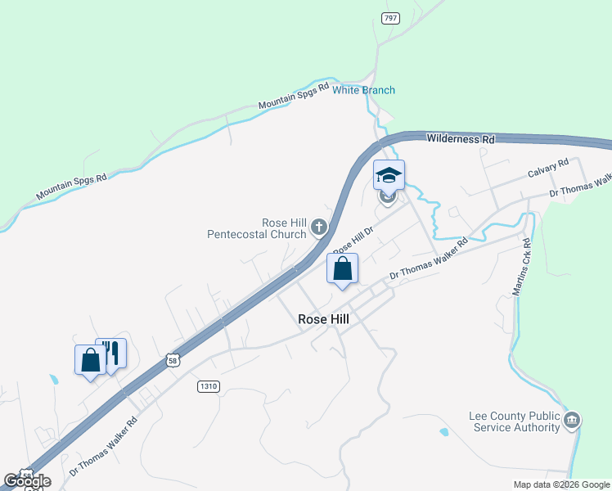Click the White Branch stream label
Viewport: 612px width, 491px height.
click(363, 90)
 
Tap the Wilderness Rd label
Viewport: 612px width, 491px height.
click(461, 139)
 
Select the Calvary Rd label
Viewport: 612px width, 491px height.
click(547, 169)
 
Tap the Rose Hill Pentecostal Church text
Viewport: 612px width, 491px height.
click(261, 228)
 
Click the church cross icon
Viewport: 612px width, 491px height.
click(318, 227)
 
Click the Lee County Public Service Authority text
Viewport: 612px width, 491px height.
click(514, 421)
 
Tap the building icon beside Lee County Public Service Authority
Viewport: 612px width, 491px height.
click(572, 421)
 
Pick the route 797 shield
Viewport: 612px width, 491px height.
click(390, 18)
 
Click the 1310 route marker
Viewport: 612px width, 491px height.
click(209, 385)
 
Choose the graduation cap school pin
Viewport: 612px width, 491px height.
click(389, 174)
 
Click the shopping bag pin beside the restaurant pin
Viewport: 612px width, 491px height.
click(90, 359)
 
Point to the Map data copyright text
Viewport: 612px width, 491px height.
click(561, 484)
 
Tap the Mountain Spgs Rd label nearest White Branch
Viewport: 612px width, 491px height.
click(293, 96)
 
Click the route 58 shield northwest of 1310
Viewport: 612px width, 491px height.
click(171, 359)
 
